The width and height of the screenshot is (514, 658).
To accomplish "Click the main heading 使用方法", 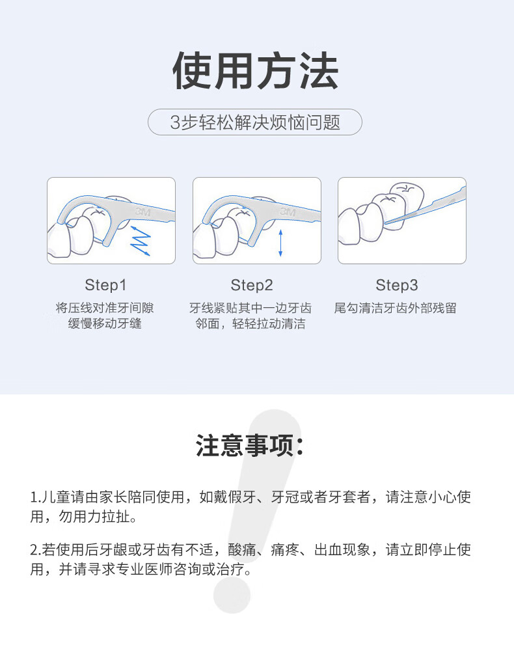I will pyautogui.click(x=256, y=71).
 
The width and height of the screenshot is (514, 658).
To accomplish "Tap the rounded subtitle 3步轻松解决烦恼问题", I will pyautogui.click(x=255, y=122).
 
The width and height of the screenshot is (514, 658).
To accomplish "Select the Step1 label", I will pyautogui.click(x=105, y=285).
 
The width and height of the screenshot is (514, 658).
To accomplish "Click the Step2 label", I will pyautogui.click(x=252, y=285).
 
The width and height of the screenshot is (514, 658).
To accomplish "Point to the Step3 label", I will pyautogui.click(x=397, y=285).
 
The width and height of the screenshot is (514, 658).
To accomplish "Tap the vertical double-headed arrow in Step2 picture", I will pyautogui.click(x=280, y=242).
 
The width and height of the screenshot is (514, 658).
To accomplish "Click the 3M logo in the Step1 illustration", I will pyautogui.click(x=142, y=212).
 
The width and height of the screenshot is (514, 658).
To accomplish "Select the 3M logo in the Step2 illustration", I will pyautogui.click(x=288, y=212).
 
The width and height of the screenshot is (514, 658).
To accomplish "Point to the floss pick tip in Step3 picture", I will pyautogui.click(x=388, y=223).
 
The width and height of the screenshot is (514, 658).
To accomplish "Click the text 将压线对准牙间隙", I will pyautogui.click(x=105, y=308).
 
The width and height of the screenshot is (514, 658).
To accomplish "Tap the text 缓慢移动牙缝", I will pyautogui.click(x=105, y=323).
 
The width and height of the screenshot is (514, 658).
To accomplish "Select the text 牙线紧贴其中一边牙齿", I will pyautogui.click(x=250, y=308).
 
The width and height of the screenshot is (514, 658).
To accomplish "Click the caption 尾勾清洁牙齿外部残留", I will pyautogui.click(x=396, y=308).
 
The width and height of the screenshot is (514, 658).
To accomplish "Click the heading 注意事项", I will pyautogui.click(x=250, y=446).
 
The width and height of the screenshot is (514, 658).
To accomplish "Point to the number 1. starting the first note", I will pyautogui.click(x=35, y=498).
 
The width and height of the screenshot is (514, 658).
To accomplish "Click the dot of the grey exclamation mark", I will pyautogui.click(x=232, y=595).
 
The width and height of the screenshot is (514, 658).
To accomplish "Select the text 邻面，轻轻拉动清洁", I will pyautogui.click(x=250, y=323).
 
